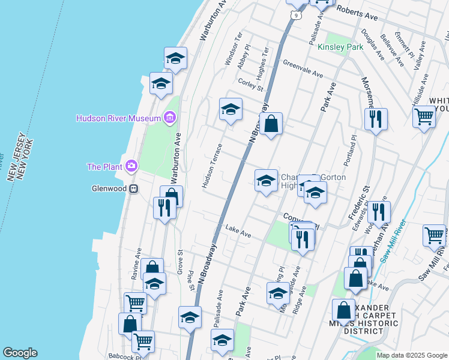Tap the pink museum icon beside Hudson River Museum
[x=170, y=118]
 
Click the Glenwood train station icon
[x=134, y=188]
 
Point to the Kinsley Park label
[x=340, y=47]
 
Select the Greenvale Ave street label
[x=303, y=69]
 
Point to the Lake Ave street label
[x=238, y=229]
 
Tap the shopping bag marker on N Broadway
[x=271, y=124]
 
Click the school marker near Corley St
[x=230, y=109]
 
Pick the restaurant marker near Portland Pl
[x=376, y=119]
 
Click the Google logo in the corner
[x=20, y=353]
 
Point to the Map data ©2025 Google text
[x=411, y=355]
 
